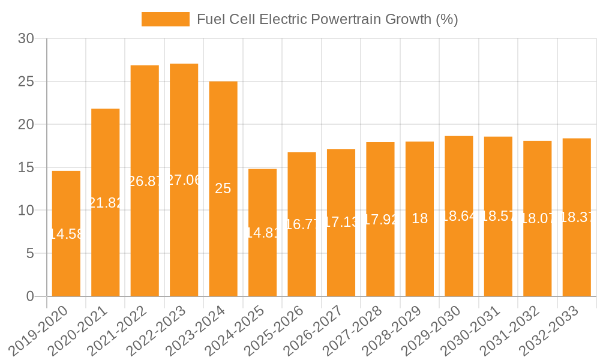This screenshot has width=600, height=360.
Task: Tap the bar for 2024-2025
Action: tap(262, 264)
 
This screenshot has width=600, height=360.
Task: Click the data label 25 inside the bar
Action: tap(223, 188)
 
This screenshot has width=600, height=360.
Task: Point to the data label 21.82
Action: tap(106, 203)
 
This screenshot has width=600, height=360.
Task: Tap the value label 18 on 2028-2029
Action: tap(419, 218)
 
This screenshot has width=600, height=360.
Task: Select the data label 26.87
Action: tap(145, 181)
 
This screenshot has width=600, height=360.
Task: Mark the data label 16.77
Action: tap(302, 224)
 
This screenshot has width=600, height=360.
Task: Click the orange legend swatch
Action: tap(165, 19)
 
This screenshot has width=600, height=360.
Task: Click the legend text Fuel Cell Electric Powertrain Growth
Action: tap(327, 19)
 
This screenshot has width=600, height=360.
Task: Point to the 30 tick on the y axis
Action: tap(26, 38)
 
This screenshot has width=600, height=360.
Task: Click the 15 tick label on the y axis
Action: tap(26, 167)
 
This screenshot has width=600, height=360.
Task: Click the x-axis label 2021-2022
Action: tap(120, 330)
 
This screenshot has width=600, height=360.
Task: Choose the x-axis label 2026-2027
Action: tap(316, 330)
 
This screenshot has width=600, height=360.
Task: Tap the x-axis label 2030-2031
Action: tap(473, 330)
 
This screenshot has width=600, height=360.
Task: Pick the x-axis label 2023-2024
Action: tap(199, 330)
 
